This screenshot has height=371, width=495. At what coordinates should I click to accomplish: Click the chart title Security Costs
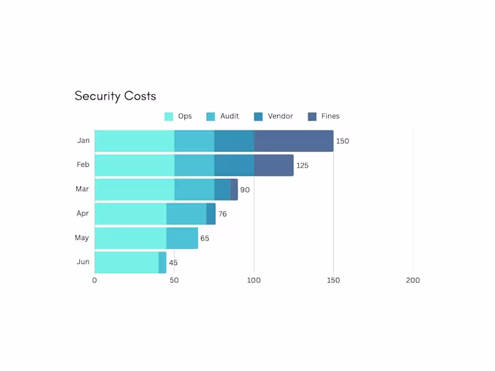pos(115,96)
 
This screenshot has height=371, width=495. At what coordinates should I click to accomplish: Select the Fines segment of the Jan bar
pos(293,141)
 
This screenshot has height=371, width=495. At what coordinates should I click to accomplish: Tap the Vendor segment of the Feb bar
pos(234,165)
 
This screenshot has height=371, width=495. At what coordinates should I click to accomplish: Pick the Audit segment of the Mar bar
pos(194,189)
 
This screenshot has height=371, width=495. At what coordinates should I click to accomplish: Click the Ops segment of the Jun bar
pos(126,262)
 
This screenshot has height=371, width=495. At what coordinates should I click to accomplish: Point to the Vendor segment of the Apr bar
pos(211,214)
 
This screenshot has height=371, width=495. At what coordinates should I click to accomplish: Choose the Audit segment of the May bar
pos(182,238)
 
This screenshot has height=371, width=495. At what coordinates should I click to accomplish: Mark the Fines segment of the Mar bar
pos(234,189)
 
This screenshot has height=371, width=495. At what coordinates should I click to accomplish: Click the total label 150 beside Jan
pos(342,141)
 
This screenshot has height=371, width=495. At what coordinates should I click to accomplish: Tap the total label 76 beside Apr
pos(223,214)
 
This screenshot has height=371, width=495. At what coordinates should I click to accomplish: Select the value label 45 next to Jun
pos(173,263)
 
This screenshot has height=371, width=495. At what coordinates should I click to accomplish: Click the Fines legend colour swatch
pos(312,116)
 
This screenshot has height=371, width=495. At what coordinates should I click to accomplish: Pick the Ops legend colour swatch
pos(169,116)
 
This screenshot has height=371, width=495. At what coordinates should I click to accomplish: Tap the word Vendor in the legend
pos(280,116)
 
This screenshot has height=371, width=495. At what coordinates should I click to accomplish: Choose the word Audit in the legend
pos(230,116)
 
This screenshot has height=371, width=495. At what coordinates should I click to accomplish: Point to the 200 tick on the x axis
pos(413,280)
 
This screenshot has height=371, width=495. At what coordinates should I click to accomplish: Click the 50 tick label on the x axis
pos(174,280)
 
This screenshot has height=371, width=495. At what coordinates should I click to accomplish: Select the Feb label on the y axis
pos(83,165)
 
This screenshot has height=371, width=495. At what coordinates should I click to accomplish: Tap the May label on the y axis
pos(82,238)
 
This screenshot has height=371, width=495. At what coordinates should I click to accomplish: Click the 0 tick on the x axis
pos(95,280)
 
